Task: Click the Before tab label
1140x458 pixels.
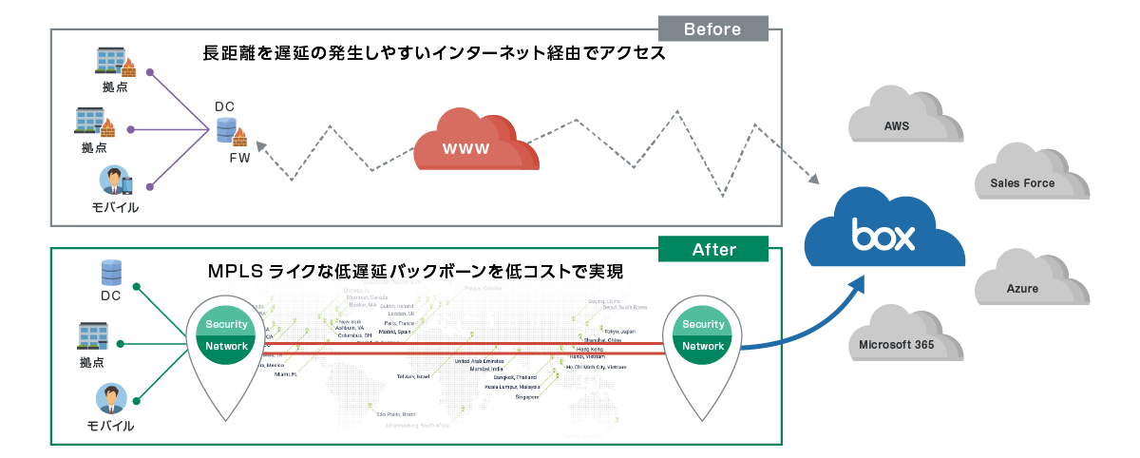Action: click(712, 29)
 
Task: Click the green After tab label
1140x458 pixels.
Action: click(713, 249)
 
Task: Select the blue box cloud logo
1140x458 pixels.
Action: click(883, 233)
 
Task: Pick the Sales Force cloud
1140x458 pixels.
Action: click(1022, 180)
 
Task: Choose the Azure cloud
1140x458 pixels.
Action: click(1022, 286)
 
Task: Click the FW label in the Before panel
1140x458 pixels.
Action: click(239, 158)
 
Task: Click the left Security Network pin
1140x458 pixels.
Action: click(226, 336)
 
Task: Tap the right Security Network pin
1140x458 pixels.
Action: click(703, 336)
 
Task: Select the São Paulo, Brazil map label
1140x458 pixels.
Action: click(396, 414)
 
